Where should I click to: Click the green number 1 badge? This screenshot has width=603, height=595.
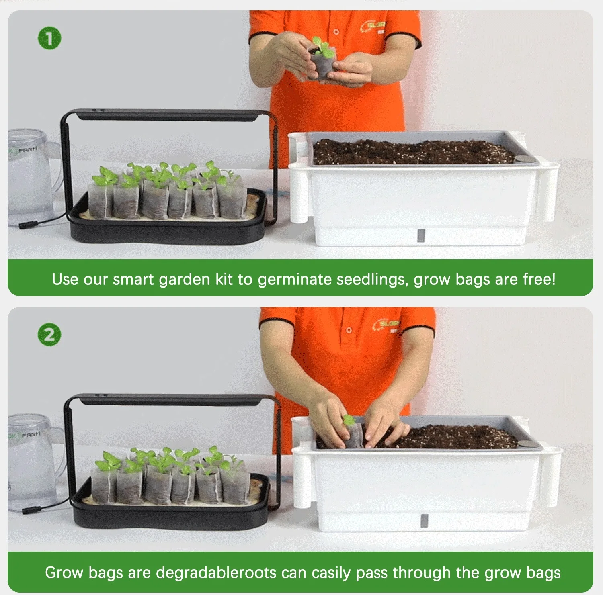[x=49, y=39]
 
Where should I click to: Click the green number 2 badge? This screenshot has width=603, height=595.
[x=49, y=335]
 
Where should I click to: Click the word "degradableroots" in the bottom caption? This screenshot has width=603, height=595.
[x=216, y=573]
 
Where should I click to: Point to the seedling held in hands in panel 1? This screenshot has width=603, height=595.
[x=321, y=58]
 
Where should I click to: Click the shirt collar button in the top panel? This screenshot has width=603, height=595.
[x=336, y=32]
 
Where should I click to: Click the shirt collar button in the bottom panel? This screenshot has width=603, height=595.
[x=349, y=330]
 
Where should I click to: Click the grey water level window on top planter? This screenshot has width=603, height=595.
[x=420, y=235]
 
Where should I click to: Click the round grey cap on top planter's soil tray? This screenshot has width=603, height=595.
[x=523, y=159]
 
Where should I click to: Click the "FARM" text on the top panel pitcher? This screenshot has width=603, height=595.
[x=27, y=149]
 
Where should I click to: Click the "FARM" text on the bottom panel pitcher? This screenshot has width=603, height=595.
[x=31, y=435]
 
